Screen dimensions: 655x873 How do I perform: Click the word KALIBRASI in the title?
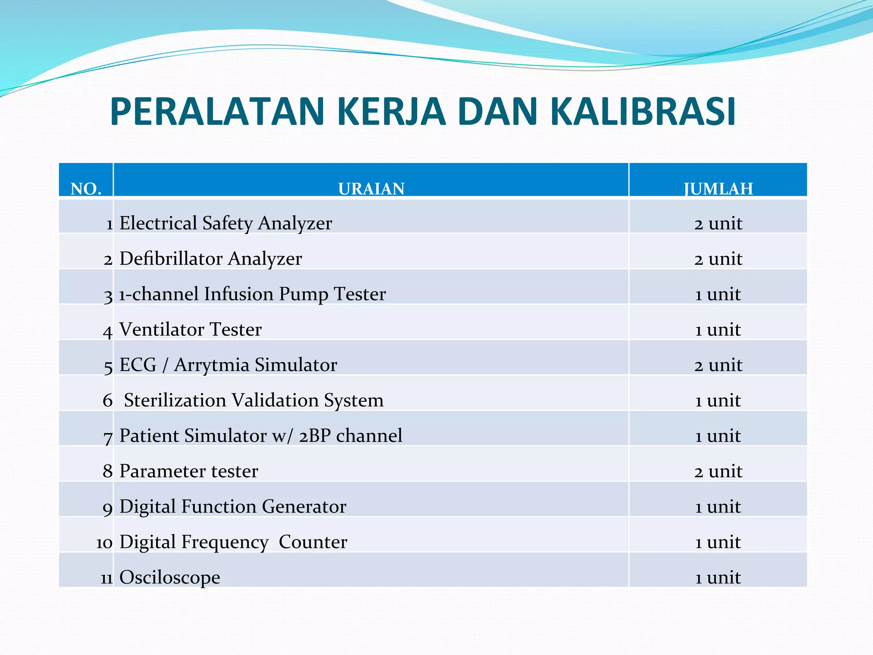click(x=643, y=112)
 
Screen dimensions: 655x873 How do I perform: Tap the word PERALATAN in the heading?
click(x=218, y=112)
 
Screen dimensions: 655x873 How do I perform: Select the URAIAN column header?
click(x=371, y=188)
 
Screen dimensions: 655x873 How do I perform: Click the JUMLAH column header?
click(x=718, y=188)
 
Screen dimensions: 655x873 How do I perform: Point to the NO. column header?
click(x=86, y=188)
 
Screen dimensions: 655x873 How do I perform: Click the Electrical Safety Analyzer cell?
click(x=225, y=223)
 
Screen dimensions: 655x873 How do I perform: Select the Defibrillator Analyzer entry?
click(x=211, y=258)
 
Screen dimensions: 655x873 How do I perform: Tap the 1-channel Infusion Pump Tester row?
click(x=252, y=294)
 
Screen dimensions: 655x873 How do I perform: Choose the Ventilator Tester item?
click(x=190, y=329)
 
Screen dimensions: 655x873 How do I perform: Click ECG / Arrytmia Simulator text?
click(x=228, y=365)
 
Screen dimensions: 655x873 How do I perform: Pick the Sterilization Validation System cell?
click(x=254, y=400)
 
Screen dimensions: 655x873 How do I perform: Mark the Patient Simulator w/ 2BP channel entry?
click(x=260, y=435)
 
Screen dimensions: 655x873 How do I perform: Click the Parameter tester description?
click(x=188, y=471)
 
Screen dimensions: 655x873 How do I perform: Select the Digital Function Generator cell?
click(x=233, y=506)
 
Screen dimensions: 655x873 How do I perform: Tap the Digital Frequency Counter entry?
click(x=233, y=542)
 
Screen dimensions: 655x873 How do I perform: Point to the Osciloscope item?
click(x=170, y=577)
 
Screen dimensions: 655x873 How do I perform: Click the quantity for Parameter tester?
click(x=718, y=471)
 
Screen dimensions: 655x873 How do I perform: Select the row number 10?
click(x=104, y=543)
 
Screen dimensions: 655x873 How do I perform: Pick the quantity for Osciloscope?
click(x=718, y=577)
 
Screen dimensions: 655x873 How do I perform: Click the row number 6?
click(x=107, y=400)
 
